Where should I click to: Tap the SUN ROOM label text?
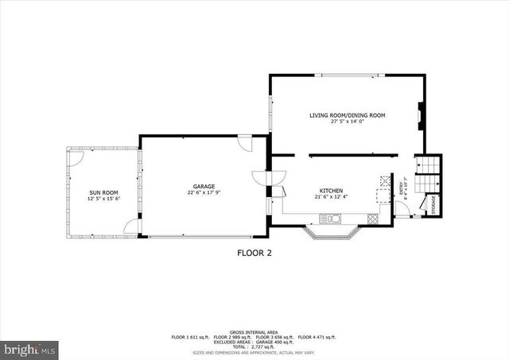[104, 192]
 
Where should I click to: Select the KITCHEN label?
[331, 191]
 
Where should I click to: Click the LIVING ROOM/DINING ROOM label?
[348, 115]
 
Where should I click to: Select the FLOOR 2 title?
[254, 254]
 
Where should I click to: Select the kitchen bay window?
[333, 232]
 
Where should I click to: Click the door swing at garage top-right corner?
[246, 144]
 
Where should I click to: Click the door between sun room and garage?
[131, 227]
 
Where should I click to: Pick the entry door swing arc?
[403, 208]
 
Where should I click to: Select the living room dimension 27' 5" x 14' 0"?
[348, 122]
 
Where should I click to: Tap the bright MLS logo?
[29, 348]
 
